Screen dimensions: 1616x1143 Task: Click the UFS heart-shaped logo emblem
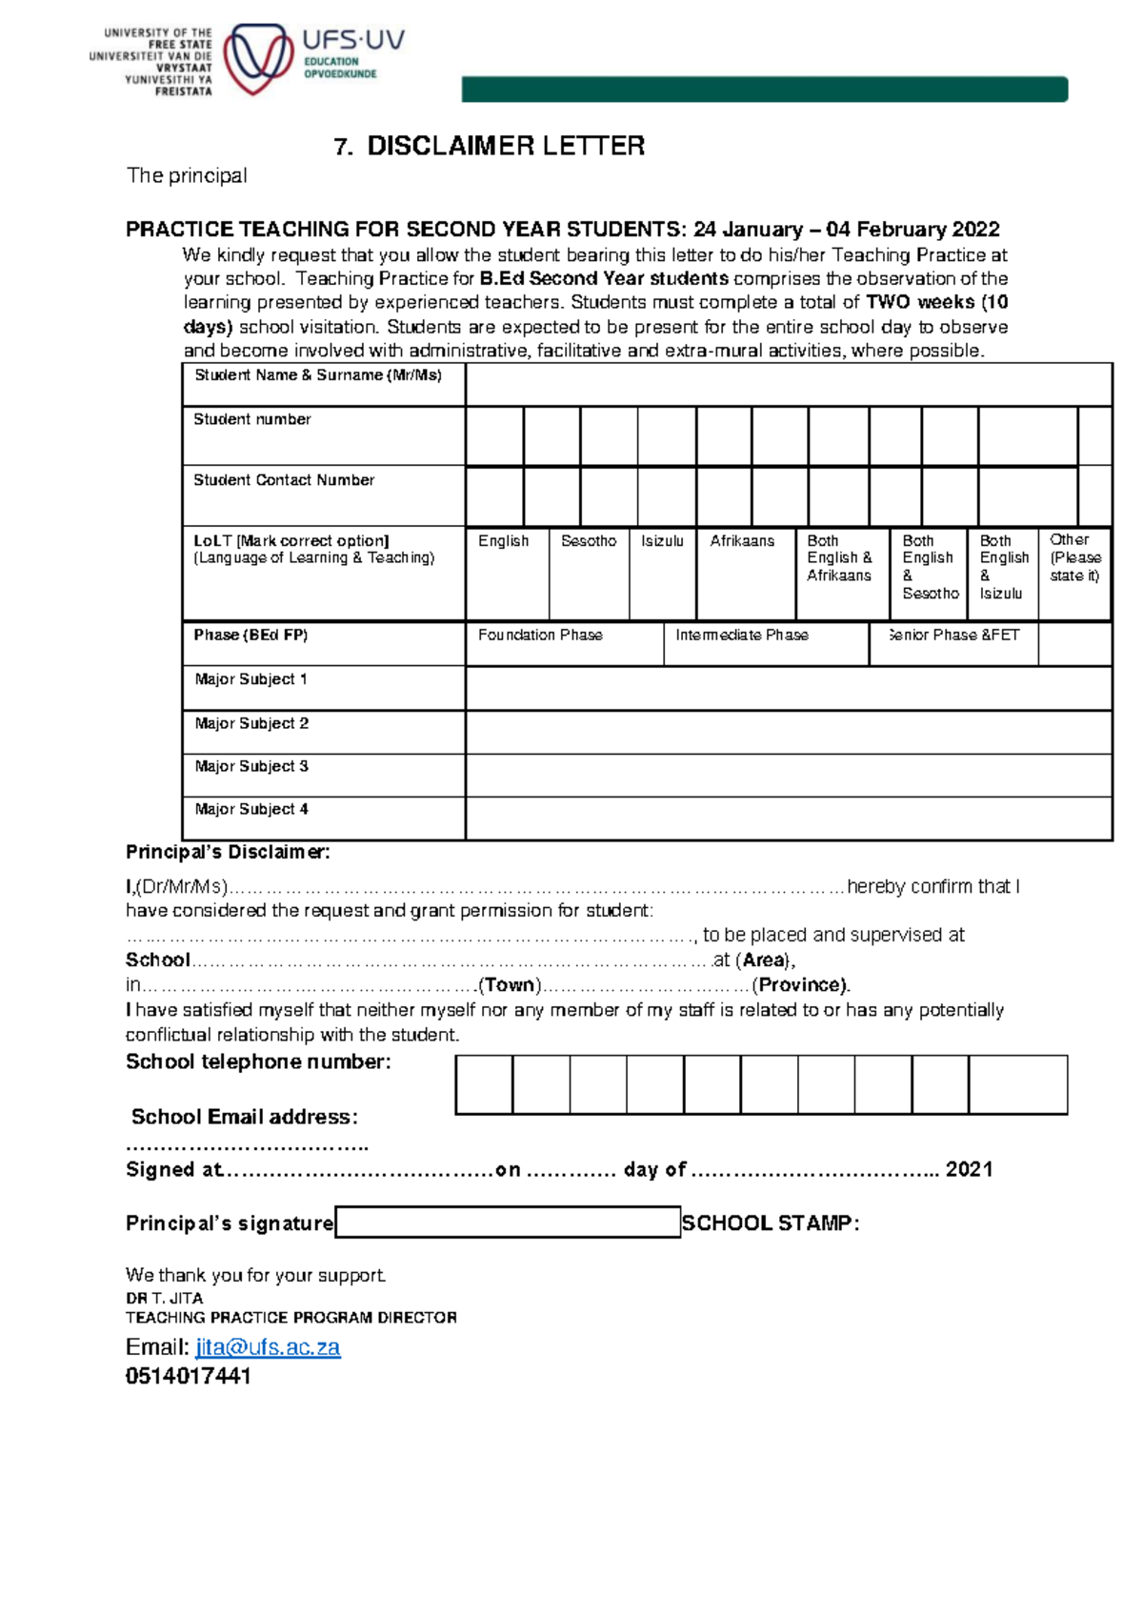[x=257, y=59]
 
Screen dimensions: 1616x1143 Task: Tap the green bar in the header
[x=764, y=90]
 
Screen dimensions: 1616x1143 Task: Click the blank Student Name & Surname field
[x=788, y=385]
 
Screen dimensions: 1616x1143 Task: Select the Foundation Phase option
[x=564, y=643]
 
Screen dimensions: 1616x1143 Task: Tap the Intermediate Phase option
[x=765, y=643]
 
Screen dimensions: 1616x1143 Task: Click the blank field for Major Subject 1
[x=788, y=688]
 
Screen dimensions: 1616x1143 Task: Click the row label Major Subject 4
[x=251, y=809]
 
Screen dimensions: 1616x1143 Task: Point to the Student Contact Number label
[x=284, y=480]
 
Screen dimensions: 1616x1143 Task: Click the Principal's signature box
[x=508, y=1222]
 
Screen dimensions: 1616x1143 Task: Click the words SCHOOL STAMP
[x=771, y=1223]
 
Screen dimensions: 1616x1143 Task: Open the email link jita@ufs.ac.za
[x=268, y=1347]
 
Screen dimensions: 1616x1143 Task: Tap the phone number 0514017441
[x=189, y=1376]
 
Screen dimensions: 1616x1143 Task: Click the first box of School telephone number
[x=484, y=1084]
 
